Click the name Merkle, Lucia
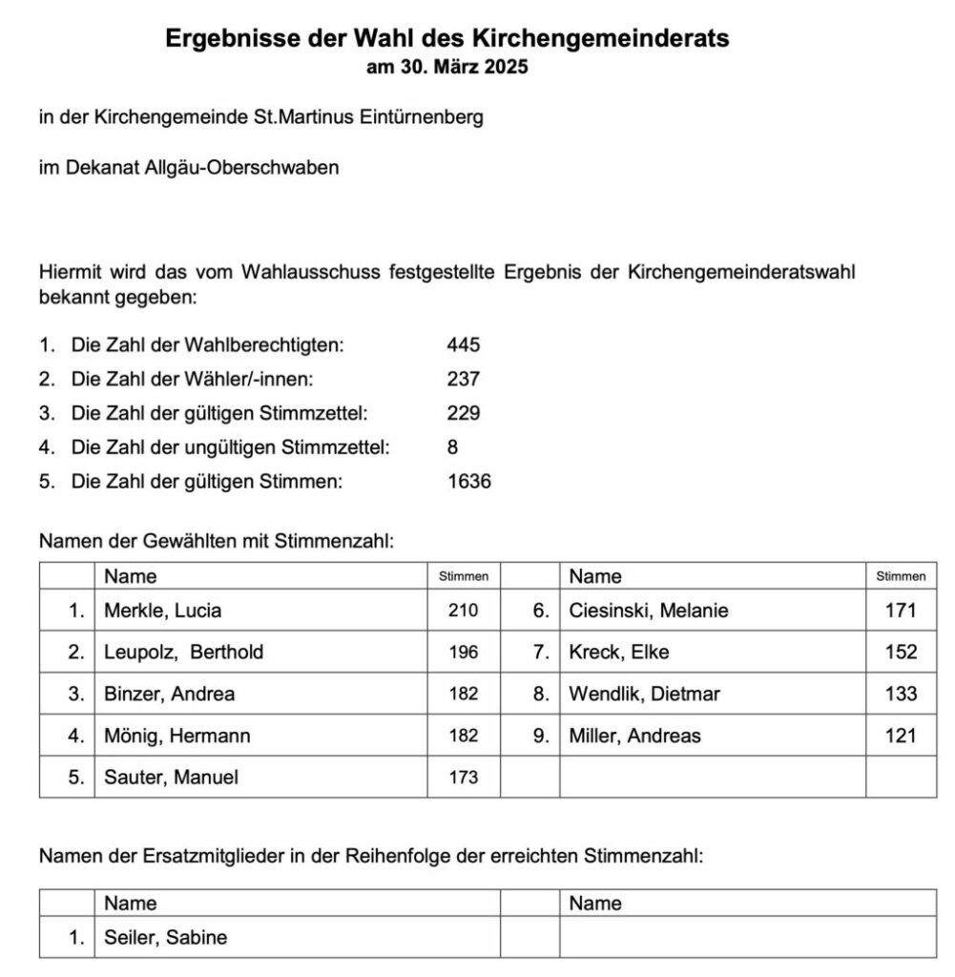tap(162, 611)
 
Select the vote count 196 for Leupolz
tap(464, 653)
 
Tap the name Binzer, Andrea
tap(169, 695)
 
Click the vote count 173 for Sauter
tap(464, 779)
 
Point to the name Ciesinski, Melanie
tap(648, 611)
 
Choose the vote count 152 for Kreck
tap(901, 653)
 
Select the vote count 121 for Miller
tap(901, 737)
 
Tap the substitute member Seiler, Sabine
tap(165, 938)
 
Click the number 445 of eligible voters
tap(464, 344)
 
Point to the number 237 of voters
tap(464, 379)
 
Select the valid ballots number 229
tap(464, 413)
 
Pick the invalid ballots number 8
tap(452, 447)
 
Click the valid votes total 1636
tap(469, 482)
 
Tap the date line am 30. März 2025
tap(446, 68)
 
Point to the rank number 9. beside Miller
tap(541, 737)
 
